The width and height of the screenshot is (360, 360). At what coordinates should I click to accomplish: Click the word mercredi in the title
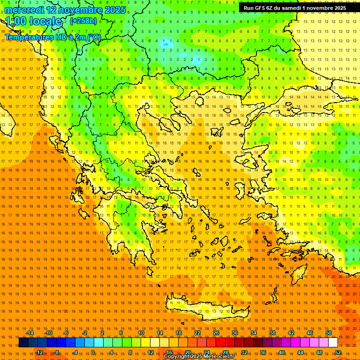(24, 10)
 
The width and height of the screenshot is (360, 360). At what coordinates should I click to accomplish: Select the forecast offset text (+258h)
(83, 21)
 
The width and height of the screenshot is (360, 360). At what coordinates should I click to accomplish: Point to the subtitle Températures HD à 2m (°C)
(52, 37)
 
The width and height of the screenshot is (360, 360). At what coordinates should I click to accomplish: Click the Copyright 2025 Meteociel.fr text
(199, 357)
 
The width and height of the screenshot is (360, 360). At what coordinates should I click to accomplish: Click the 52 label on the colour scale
(338, 352)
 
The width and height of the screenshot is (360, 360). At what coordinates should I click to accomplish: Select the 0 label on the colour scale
(93, 352)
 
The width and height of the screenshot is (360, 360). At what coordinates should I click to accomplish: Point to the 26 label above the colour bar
(216, 333)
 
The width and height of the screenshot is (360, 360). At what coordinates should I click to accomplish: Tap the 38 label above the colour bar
(272, 333)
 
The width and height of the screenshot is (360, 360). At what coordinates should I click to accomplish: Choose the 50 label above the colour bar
(329, 333)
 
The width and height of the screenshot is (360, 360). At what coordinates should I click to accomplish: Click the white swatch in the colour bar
(333, 343)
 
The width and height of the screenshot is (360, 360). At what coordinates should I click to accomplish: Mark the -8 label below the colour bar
(56, 352)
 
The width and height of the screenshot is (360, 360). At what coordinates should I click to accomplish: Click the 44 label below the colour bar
(300, 352)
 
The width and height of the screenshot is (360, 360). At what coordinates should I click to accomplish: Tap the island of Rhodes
(300, 273)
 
